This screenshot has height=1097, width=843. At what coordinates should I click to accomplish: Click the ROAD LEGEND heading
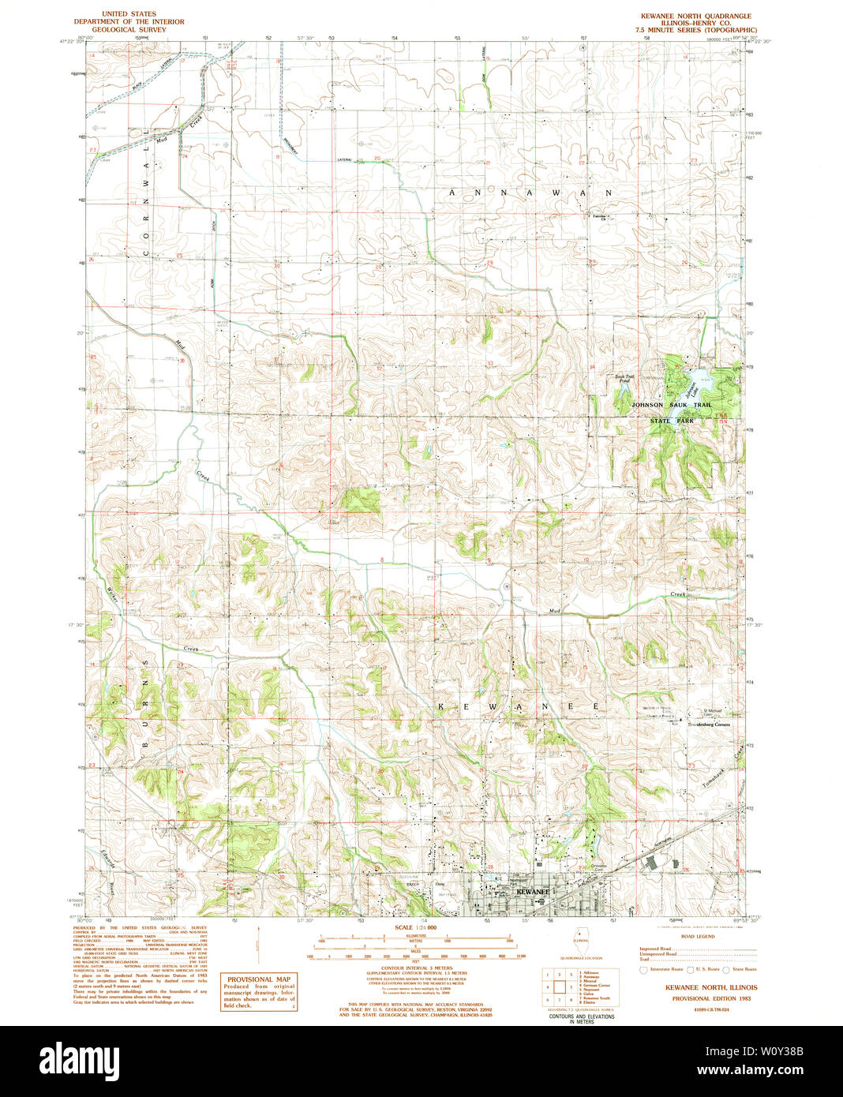(698, 936)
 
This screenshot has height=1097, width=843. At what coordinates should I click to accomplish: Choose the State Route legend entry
(740, 969)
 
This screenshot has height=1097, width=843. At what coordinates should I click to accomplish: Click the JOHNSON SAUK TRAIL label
(671, 405)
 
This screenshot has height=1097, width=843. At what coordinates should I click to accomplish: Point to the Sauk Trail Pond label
(624, 379)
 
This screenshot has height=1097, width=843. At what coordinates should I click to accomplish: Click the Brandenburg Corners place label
(709, 724)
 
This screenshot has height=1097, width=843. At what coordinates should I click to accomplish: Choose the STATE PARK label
(672, 421)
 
